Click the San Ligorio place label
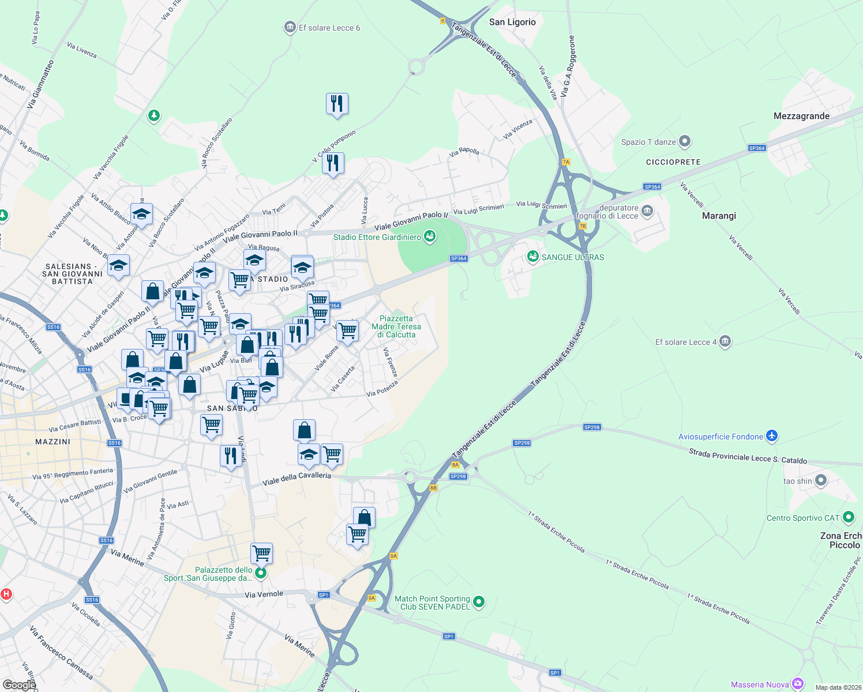pyautogui.click(x=512, y=22)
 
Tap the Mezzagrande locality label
pyautogui.click(x=801, y=116)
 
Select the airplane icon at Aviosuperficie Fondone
pyautogui.click(x=772, y=436)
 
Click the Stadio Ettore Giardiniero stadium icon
pyautogui.click(x=429, y=236)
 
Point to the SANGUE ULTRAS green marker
pyautogui.click(x=532, y=257)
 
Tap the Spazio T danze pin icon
pyautogui.click(x=685, y=141)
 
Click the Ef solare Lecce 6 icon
pyautogui.click(x=290, y=28)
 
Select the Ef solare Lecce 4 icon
pyautogui.click(x=725, y=341)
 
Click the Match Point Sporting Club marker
pyautogui.click(x=478, y=603)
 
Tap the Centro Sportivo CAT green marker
pyautogui.click(x=848, y=517)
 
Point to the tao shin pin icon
pyautogui.click(x=821, y=480)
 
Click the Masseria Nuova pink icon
pyautogui.click(x=798, y=684)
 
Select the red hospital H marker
pyautogui.click(x=6, y=593)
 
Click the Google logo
pyautogui.click(x=19, y=685)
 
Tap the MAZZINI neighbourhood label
pyautogui.click(x=52, y=442)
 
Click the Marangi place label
pyautogui.click(x=719, y=216)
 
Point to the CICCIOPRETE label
pyautogui.click(x=673, y=162)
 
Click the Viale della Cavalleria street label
pyautogui.click(x=297, y=479)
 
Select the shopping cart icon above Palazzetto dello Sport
pyautogui.click(x=262, y=553)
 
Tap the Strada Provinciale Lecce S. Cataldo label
pyautogui.click(x=748, y=456)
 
